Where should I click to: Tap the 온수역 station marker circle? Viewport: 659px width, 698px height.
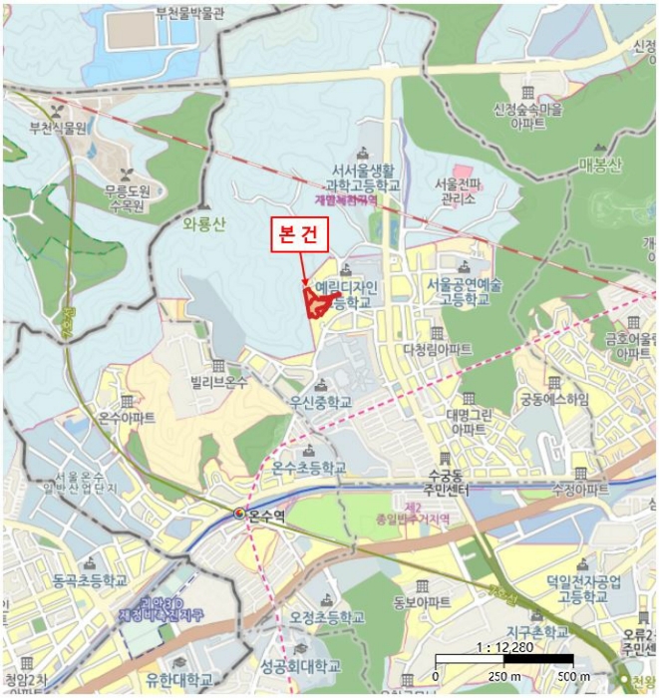click(239, 514)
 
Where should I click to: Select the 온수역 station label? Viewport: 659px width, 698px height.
click(266, 515)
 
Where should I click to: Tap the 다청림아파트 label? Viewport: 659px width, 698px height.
click(438, 349)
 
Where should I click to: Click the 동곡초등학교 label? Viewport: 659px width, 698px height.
click(90, 579)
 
